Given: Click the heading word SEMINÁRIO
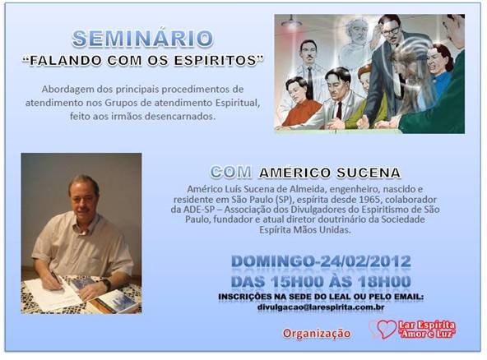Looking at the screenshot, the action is click(x=142, y=38).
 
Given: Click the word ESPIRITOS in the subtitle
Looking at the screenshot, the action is click(x=215, y=60).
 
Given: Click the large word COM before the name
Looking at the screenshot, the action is click(x=231, y=172).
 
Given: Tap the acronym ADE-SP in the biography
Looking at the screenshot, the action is click(x=198, y=209).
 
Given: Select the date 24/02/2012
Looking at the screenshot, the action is click(x=365, y=261).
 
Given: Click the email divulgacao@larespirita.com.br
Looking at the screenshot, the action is click(x=321, y=307).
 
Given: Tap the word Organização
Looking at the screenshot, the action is click(x=317, y=334).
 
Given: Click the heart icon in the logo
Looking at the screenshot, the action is click(x=386, y=329).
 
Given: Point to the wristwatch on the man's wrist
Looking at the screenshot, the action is click(x=107, y=284).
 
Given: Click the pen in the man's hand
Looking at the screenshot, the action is click(x=56, y=278).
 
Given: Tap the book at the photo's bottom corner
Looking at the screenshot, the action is click(x=115, y=302).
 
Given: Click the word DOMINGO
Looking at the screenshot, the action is click(x=272, y=261).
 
